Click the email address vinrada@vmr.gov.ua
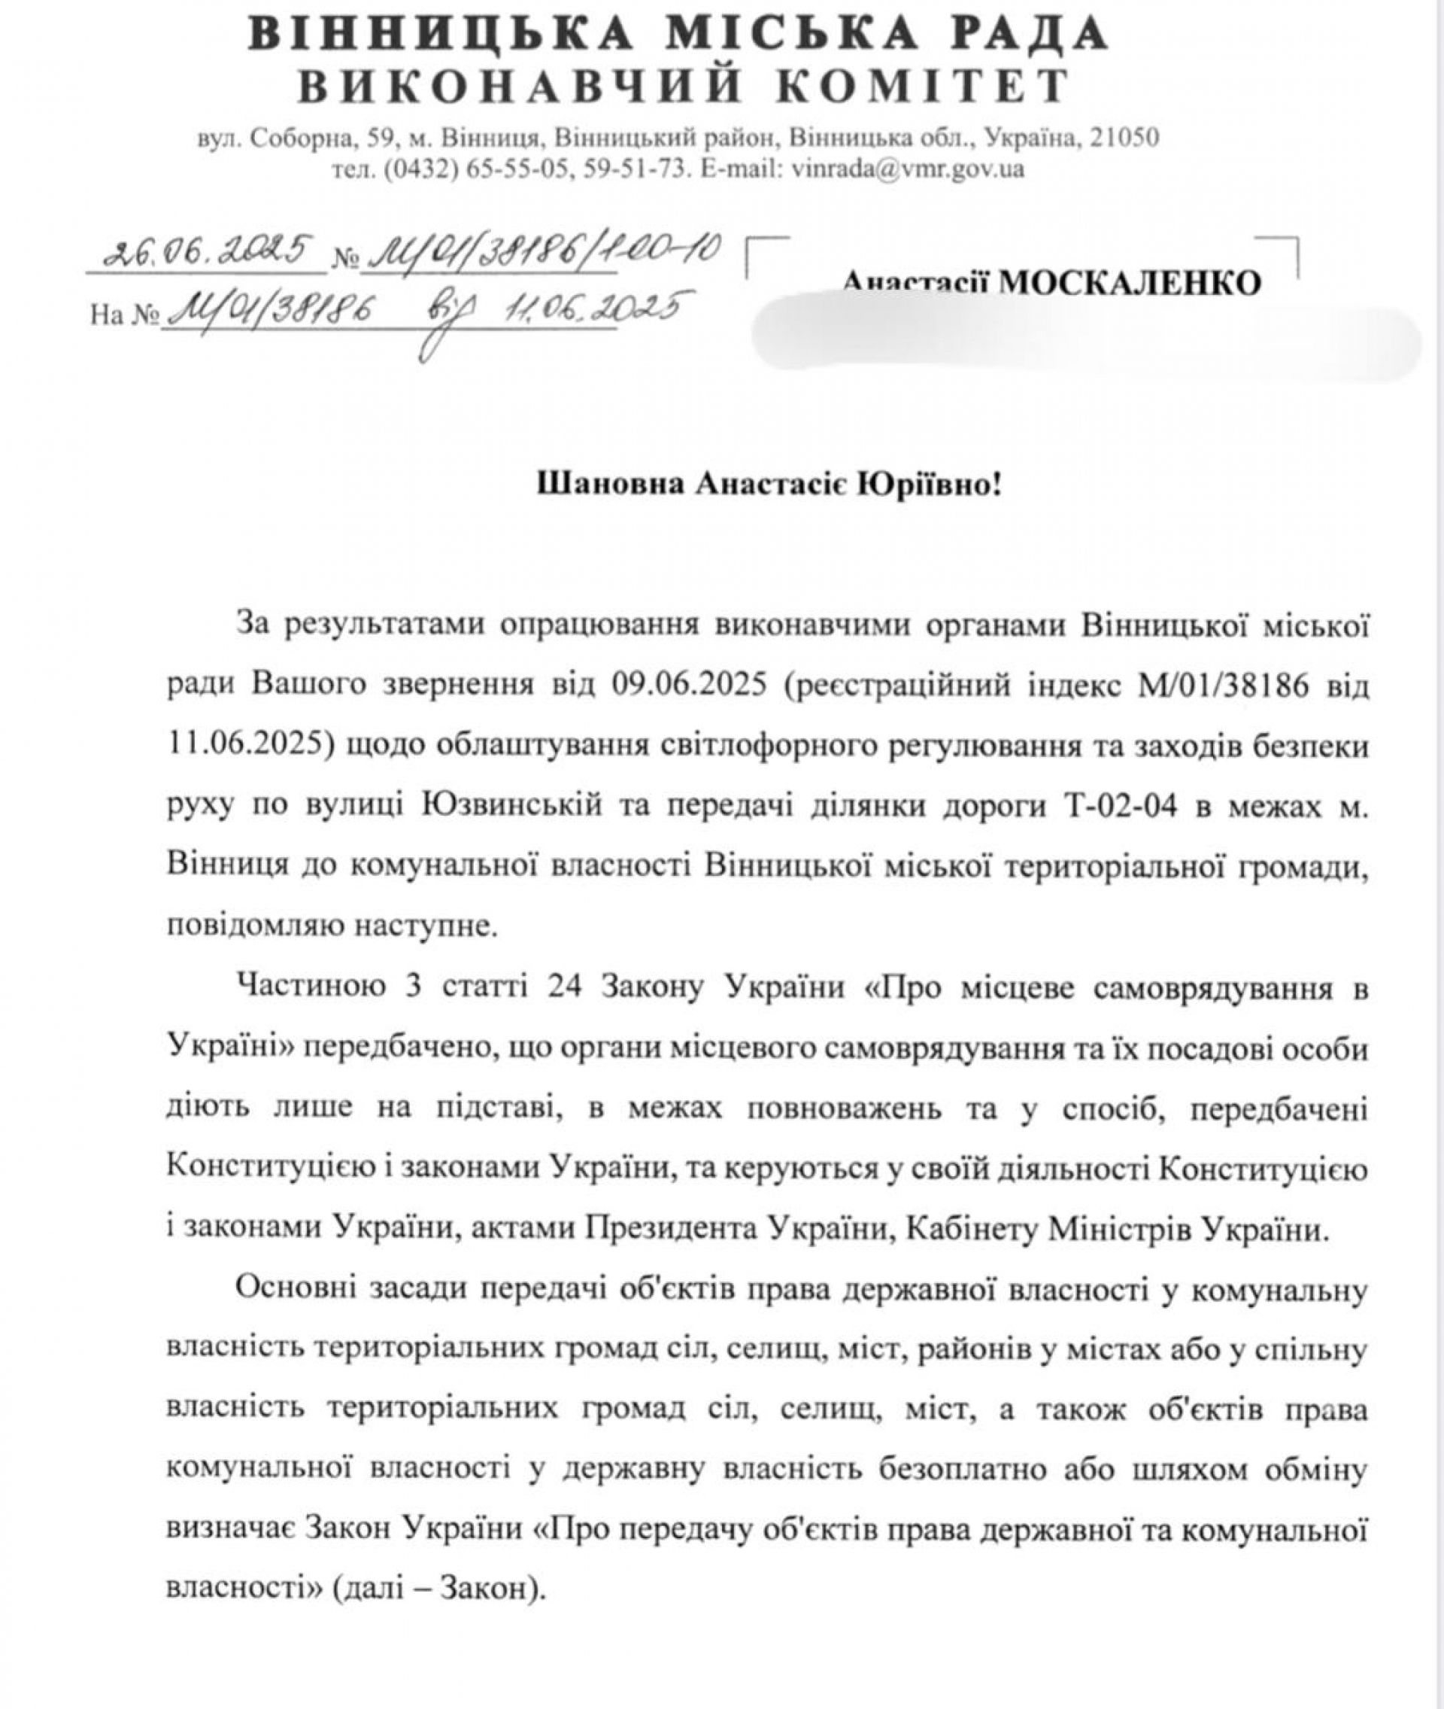(905, 169)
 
